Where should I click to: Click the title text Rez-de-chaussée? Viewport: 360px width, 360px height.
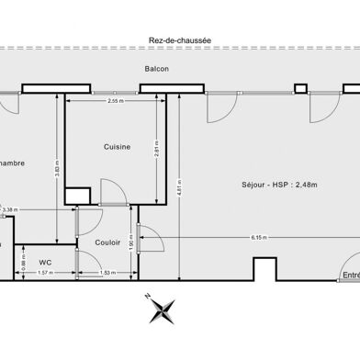pos(180,39)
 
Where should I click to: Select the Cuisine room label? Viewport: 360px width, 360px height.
pos(116,146)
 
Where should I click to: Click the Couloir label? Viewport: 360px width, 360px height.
pos(107,242)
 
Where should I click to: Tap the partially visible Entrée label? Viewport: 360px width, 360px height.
pos(350,274)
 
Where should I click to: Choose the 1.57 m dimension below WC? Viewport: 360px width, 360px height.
pos(44,273)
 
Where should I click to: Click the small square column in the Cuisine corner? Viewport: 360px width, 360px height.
pos(77,196)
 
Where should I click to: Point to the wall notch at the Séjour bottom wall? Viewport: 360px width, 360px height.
pos(264,269)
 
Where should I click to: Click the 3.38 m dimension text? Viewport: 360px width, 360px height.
pos(9,210)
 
